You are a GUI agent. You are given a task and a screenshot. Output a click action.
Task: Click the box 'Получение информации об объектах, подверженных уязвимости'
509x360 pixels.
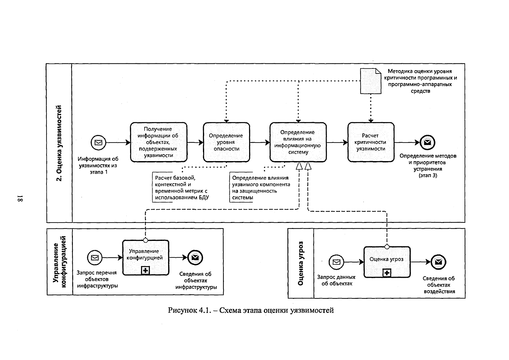point(159,142)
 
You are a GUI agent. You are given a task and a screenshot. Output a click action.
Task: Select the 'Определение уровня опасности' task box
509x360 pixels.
point(227,142)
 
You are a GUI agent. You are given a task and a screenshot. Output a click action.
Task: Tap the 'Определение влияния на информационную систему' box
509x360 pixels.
point(298,142)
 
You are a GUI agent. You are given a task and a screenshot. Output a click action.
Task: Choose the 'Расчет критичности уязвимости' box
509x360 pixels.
point(371,142)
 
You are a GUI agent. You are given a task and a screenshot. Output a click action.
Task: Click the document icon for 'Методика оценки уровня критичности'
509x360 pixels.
point(371,81)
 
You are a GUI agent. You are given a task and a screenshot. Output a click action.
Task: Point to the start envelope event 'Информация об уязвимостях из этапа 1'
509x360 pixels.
point(98,142)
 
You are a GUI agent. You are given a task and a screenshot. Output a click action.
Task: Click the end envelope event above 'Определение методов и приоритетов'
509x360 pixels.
point(427,142)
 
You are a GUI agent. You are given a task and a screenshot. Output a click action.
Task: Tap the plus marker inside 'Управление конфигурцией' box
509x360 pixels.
point(145,271)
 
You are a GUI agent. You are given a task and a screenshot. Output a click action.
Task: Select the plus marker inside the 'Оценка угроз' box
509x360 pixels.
point(387,273)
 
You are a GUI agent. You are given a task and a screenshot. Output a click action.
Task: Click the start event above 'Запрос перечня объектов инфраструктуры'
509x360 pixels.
point(95,258)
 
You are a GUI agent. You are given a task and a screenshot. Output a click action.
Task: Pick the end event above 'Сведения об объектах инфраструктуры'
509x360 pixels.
point(195,258)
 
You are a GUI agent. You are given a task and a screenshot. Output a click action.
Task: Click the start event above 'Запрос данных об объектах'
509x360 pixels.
point(336,262)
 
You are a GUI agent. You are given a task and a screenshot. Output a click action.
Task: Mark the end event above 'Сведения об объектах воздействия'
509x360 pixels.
point(438,262)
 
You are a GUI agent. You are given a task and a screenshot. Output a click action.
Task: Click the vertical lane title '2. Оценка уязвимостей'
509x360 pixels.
point(59,143)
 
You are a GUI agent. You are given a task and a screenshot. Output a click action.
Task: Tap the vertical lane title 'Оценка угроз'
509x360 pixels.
point(300,263)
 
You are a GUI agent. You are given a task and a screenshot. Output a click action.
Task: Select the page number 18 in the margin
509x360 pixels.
point(20,198)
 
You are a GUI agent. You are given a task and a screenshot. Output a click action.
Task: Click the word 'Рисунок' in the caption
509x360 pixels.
point(183,310)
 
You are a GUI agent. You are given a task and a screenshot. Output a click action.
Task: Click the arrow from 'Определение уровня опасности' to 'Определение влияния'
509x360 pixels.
point(260,142)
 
